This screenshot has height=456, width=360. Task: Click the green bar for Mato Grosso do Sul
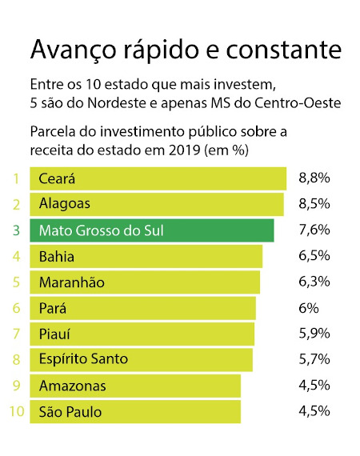point(152,230)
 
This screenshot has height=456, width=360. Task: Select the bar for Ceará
point(158,178)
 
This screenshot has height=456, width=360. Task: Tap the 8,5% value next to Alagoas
point(314,204)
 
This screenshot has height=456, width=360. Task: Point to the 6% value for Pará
point(309,308)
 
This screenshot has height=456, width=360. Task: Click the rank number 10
point(17,411)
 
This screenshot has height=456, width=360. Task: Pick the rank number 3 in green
point(16,230)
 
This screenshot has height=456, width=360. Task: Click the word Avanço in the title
point(74,50)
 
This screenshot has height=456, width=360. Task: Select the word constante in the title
point(283,50)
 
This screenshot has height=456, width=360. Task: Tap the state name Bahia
point(57,257)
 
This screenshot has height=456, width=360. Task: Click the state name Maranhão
point(72,282)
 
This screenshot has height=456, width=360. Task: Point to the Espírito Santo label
point(83,359)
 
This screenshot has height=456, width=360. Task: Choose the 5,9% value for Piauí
point(314,334)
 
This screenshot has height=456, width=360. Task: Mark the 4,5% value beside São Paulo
point(314,411)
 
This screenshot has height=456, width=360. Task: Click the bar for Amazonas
point(135,386)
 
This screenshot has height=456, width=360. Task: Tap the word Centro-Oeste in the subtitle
point(298,102)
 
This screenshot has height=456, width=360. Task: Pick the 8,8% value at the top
point(314,178)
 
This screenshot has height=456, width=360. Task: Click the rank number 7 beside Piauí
point(16,334)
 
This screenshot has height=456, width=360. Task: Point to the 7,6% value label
point(314,230)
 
